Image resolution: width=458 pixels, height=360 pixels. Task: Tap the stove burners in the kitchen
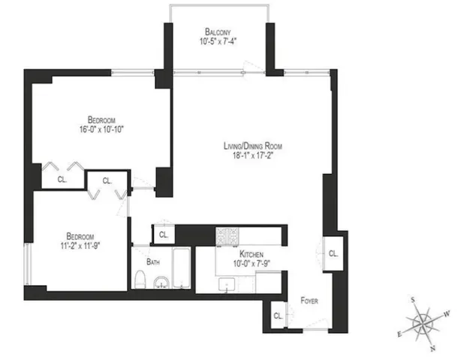click(x=226, y=237)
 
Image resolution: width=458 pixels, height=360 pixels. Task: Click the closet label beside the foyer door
click(x=277, y=316)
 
